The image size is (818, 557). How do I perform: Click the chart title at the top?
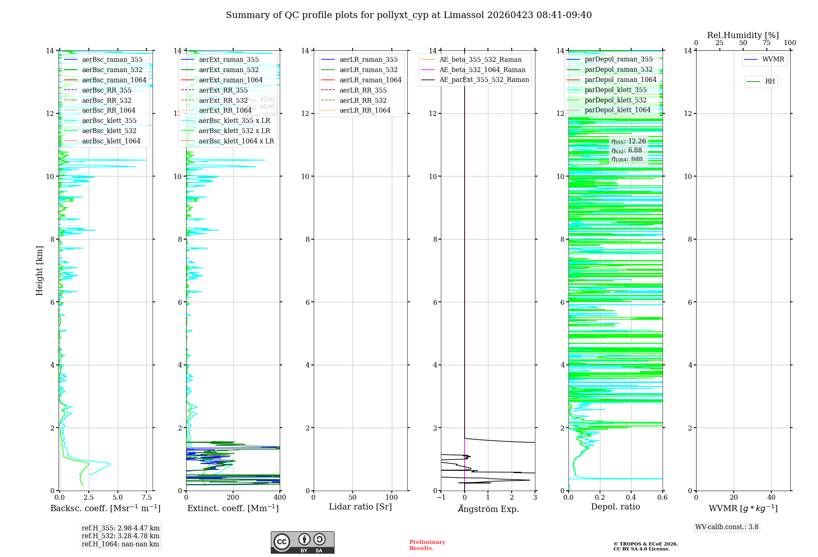coord(409,15)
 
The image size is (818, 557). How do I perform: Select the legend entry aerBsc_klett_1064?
coord(111,141)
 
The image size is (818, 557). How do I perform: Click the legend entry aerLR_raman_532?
coord(368,70)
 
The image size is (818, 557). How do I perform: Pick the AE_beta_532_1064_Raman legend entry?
coord(482,70)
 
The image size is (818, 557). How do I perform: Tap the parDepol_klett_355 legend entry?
coord(615,90)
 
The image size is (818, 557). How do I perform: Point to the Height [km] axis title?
coord(39,271)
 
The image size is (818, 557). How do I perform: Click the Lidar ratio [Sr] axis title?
coord(360,507)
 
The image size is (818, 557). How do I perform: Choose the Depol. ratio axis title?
coord(615,507)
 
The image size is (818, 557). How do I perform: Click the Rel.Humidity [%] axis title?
coord(743,35)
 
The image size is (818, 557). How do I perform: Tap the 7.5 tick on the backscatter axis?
coord(147,498)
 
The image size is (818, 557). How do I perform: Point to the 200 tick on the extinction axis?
coord(233,498)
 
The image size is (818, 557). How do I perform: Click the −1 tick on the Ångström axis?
coord(441,498)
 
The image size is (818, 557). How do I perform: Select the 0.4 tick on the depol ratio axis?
coord(631,498)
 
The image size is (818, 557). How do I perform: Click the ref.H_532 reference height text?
coord(120,536)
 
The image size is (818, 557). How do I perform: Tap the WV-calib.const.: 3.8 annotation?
coord(727,527)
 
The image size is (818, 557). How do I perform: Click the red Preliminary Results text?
coord(427,545)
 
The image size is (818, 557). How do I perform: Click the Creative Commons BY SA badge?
coord(302,543)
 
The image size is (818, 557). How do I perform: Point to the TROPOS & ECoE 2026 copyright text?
coord(645,544)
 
